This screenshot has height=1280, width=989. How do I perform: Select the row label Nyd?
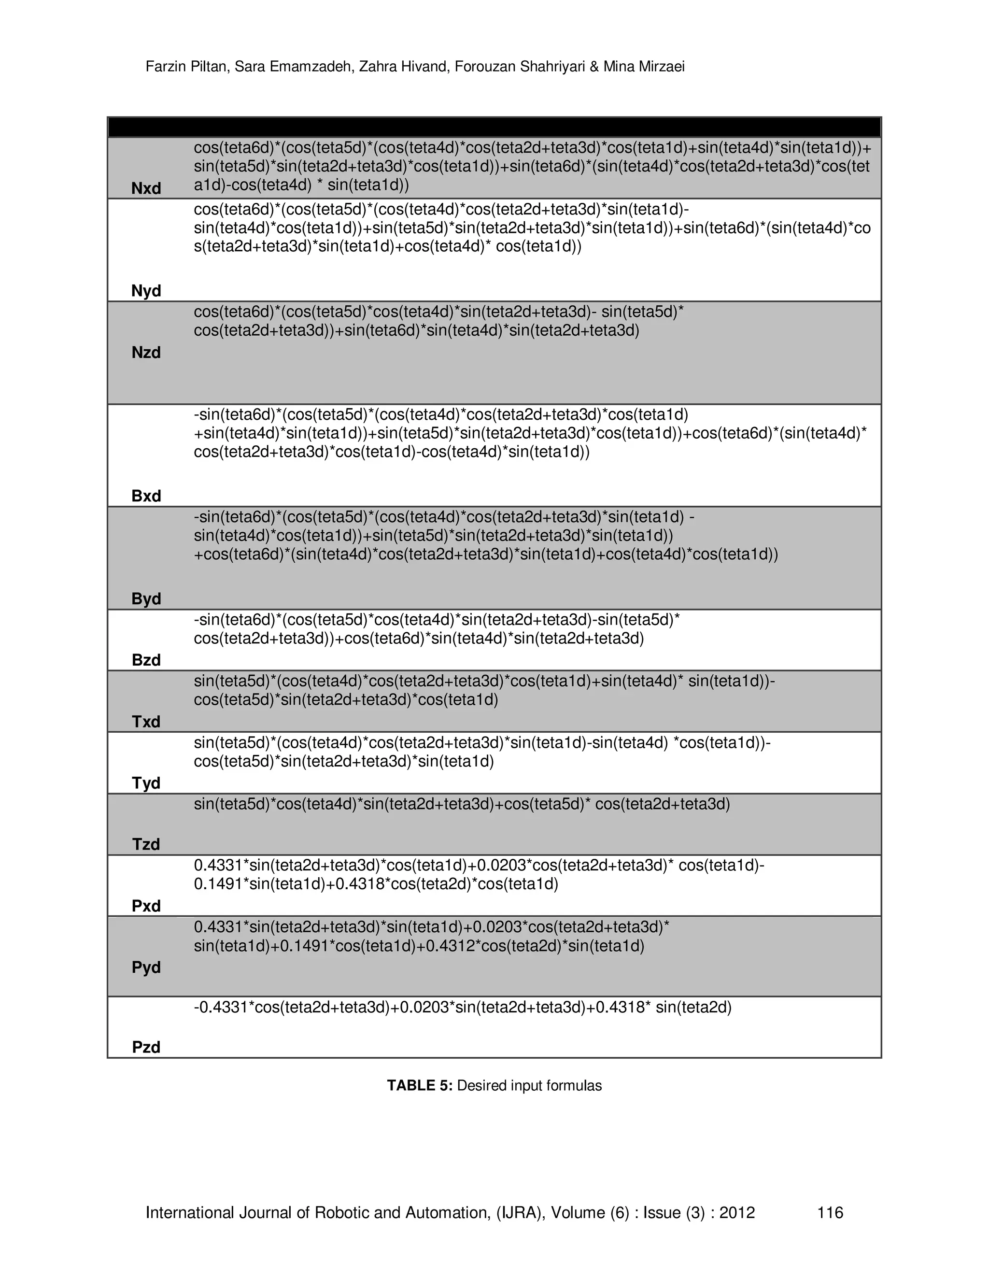(x=146, y=291)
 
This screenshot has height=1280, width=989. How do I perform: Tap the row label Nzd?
(x=146, y=352)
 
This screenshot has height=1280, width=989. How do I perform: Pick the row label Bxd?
(x=146, y=496)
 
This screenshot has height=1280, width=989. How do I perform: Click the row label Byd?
(x=146, y=598)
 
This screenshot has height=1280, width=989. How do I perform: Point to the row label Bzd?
(x=146, y=660)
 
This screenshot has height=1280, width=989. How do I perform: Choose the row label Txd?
(x=146, y=722)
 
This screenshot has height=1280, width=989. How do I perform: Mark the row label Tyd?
(x=146, y=783)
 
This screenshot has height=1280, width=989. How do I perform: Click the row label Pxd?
(x=146, y=906)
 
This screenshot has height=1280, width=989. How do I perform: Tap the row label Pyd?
(x=146, y=967)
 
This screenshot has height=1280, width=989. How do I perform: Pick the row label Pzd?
(x=146, y=1047)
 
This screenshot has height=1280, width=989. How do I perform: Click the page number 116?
(x=830, y=1212)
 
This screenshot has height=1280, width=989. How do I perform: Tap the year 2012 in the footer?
(x=737, y=1212)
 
